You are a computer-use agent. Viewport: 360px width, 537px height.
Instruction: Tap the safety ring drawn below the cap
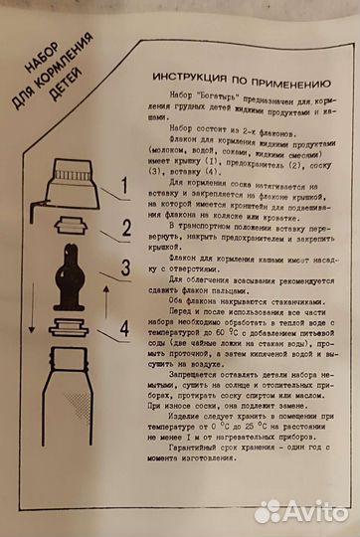66,227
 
